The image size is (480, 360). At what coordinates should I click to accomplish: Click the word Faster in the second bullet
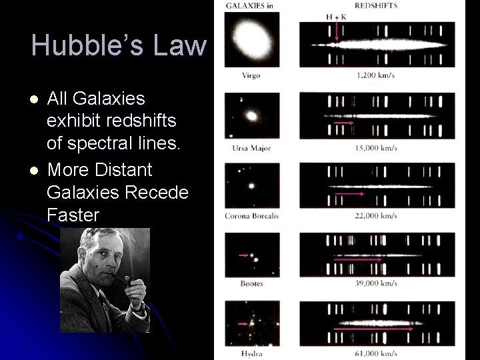73,215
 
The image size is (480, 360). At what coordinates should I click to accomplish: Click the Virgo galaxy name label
251,76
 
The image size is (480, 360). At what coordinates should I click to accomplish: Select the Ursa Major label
251,147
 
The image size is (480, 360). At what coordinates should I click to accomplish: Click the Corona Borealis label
251,215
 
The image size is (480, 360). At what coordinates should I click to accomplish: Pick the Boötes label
251,283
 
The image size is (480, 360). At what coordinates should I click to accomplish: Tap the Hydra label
251,353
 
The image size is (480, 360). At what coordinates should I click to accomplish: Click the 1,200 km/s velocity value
376,76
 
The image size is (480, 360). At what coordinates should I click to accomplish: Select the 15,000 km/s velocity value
376,147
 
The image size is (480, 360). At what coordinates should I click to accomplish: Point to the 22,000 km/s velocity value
376,215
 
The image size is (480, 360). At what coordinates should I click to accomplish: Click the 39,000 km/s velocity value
376,283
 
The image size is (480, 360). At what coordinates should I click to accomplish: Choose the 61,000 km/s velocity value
376,353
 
